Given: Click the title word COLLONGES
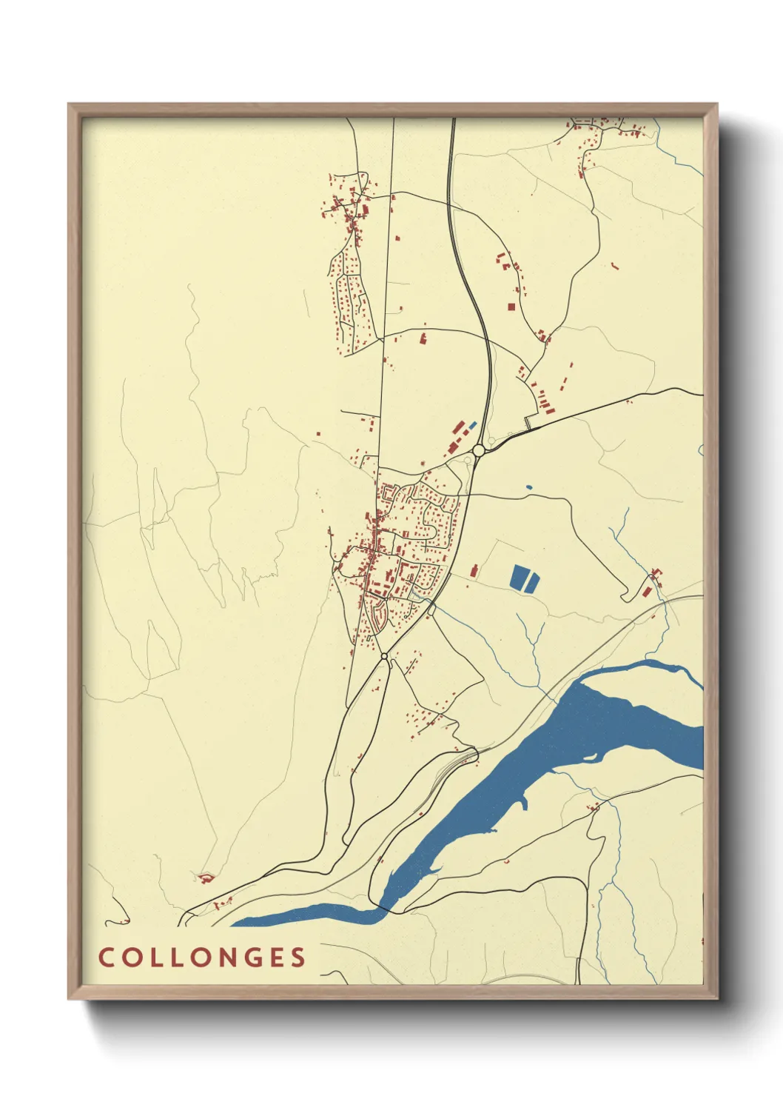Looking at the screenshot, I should [202, 957].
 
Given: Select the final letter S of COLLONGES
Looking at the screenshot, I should [298, 957].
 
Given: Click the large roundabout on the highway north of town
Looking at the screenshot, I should [479, 450].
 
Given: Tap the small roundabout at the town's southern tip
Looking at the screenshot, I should [384, 656].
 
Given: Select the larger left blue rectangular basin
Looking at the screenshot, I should [517, 578].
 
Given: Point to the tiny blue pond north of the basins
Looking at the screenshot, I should [528, 487].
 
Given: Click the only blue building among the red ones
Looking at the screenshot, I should [472, 425].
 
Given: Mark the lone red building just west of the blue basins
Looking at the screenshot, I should [473, 569].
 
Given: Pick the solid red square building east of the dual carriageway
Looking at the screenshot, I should [511, 306].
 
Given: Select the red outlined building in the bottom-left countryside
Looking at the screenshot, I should [205, 878].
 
